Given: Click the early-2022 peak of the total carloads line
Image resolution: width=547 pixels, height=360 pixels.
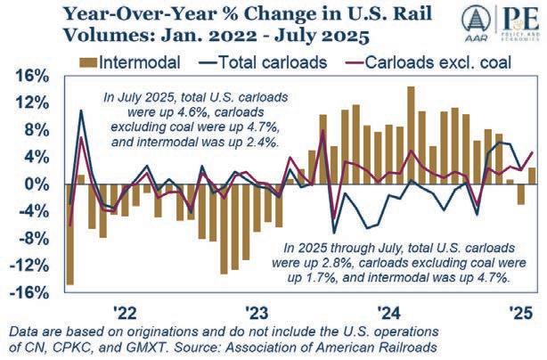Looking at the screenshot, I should click(82, 110).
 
